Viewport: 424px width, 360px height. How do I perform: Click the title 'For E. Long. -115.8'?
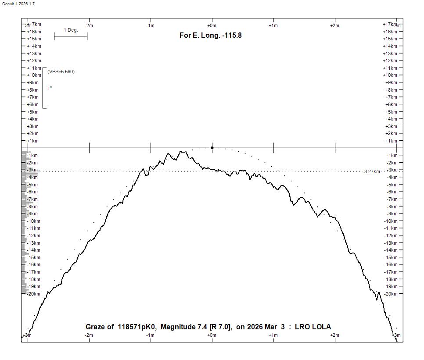pos(210,35)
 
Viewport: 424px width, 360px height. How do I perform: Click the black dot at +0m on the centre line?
pos(212,148)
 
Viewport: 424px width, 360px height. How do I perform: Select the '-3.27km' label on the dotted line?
pos(371,171)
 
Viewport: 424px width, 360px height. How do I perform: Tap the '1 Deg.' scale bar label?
pos(71,30)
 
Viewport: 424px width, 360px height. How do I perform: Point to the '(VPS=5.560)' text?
pos(61,71)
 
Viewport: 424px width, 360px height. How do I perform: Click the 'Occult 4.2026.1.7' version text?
pos(18,4)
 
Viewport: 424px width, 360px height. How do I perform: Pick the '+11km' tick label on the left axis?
pos(34,68)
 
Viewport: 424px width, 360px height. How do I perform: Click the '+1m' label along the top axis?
pos(273,25)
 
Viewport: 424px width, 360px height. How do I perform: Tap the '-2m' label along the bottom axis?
pos(89,335)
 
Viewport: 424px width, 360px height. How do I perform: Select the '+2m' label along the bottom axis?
pos(334,335)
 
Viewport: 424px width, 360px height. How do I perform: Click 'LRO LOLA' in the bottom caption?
pos(313,327)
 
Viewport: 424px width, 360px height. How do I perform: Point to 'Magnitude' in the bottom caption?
pos(178,327)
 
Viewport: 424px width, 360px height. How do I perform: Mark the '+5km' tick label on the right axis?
pos(391,112)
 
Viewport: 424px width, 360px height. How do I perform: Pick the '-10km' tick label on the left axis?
pos(33,221)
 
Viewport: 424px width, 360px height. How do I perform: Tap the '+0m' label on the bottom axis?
pos(212,335)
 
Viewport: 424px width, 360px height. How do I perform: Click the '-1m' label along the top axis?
pos(150,25)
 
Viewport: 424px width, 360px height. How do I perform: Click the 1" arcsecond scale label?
pos(50,89)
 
